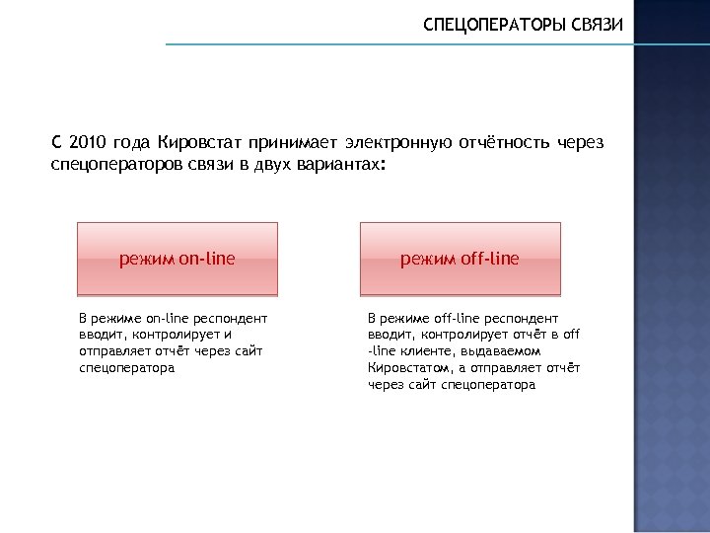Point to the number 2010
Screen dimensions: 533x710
[88, 142]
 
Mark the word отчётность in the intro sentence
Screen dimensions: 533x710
[503, 142]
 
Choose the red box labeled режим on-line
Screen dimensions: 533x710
[177, 259]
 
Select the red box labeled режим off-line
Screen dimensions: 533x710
[460, 259]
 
